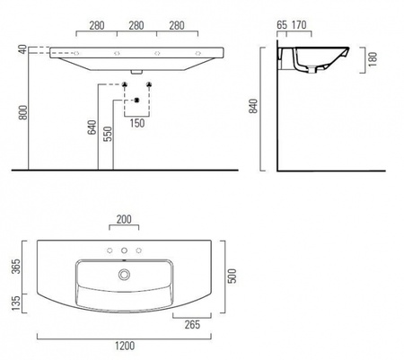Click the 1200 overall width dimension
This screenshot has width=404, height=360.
(125, 346)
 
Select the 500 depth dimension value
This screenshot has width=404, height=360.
(232, 276)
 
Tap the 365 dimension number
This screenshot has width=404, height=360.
(15, 266)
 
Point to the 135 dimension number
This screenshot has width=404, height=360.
(15, 303)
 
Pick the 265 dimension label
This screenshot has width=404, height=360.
(192, 324)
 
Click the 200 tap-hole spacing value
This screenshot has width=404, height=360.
(124, 219)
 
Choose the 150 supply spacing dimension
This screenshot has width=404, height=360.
(137, 123)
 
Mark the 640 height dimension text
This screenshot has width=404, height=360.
(92, 127)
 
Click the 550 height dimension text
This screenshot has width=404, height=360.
(108, 134)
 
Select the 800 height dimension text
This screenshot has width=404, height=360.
(23, 112)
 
